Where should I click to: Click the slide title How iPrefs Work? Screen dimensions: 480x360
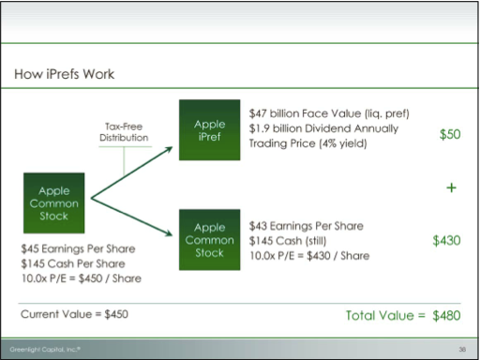coord(65,74)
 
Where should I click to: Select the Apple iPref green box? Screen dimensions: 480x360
coord(210,130)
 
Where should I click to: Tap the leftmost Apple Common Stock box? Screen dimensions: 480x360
coord(54,203)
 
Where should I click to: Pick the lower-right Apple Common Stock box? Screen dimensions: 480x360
coord(210,240)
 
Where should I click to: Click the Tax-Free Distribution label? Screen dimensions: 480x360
coord(124,132)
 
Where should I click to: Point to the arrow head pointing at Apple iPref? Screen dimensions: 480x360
coord(169,149)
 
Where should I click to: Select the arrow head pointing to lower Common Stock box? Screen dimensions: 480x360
coord(169,233)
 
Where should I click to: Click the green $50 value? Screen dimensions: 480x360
coord(450,134)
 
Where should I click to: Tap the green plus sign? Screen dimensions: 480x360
coord(451,187)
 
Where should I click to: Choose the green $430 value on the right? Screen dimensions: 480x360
coord(446,241)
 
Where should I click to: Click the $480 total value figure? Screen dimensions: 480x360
coord(446,316)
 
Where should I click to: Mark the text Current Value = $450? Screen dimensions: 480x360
coord(74,314)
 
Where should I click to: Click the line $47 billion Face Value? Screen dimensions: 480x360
coord(329,113)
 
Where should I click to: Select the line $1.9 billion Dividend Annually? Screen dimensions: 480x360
coord(323,128)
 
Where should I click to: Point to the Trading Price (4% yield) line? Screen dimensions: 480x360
coord(307,143)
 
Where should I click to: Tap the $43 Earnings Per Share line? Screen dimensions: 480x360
coord(307,226)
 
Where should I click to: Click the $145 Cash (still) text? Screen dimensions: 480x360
coord(288,241)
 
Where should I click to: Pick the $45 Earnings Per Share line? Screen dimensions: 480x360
coord(78,248)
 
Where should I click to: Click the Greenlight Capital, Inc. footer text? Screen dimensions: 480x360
coord(45,349)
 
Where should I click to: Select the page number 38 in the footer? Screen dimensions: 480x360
coord(462,350)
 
